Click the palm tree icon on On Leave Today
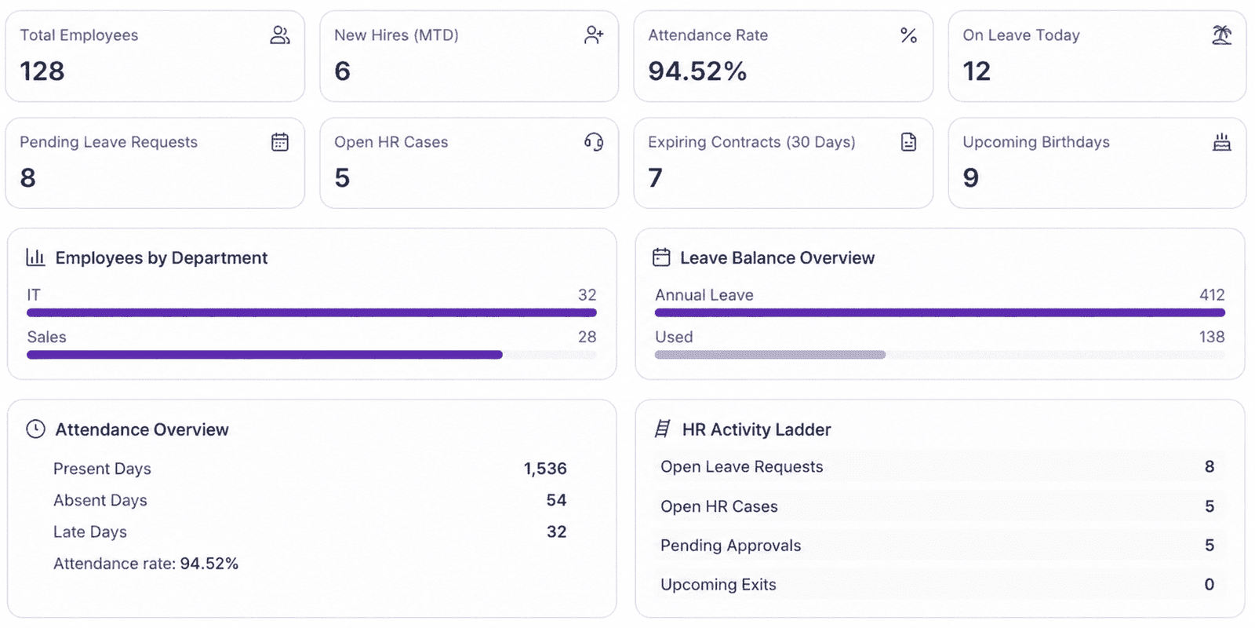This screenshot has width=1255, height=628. coord(1221,35)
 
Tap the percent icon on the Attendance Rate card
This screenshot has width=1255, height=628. coord(908,35)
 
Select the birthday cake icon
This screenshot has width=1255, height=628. coord(1222,142)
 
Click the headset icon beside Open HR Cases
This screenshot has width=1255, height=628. coord(594,142)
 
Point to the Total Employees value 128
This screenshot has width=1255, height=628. coord(42,71)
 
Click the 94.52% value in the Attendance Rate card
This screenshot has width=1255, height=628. coord(697,71)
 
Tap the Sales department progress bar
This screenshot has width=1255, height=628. coord(264,354)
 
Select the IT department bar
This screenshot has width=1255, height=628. coord(311,312)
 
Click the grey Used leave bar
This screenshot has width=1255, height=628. coord(769,354)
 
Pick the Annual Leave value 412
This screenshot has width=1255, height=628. coord(1212,295)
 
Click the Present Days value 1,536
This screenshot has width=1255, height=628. coord(545,468)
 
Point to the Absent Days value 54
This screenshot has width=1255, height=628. coord(556,499)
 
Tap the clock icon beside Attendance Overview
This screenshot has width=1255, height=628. coord(36,429)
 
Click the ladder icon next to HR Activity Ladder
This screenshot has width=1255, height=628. coord(663,429)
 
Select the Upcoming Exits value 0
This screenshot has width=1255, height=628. coord(1209,584)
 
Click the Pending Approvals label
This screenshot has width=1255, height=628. coord(730,545)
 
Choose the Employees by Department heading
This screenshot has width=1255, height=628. coord(162,258)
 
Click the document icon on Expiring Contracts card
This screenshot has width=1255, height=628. coord(908,142)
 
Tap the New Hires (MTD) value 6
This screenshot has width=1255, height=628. coord(342,71)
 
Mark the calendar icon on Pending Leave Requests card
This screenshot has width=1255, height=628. coord(280,142)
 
